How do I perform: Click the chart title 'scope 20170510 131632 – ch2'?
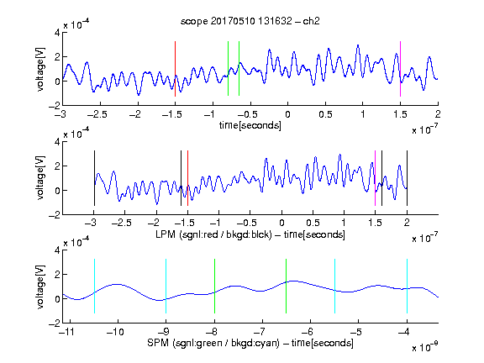coord(250,21)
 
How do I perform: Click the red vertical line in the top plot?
coord(175,69)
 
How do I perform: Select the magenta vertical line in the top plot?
coord(400,69)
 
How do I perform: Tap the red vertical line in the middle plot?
coord(187,178)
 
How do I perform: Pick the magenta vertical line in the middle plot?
coord(375,178)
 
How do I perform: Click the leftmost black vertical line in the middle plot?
coord(94,178)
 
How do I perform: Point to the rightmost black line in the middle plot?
coord(407,178)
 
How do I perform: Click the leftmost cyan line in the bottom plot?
coord(94,287)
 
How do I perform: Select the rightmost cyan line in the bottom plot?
coord(407,287)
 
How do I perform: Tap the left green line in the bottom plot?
coord(214,287)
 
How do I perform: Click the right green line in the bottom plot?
coord(287,287)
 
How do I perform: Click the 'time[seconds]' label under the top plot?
coord(250,126)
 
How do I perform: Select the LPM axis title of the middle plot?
coord(250,234)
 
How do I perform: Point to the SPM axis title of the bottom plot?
coord(250,343)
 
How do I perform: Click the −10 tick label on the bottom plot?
coord(115,332)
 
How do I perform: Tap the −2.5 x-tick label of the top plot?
coord(97,114)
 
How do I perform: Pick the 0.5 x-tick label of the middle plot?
coord(313,223)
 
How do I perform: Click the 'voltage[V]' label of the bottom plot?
coord(40,287)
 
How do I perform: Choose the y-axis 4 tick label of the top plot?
coord(57,32)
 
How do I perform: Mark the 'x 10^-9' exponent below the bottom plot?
coord(425,347)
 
